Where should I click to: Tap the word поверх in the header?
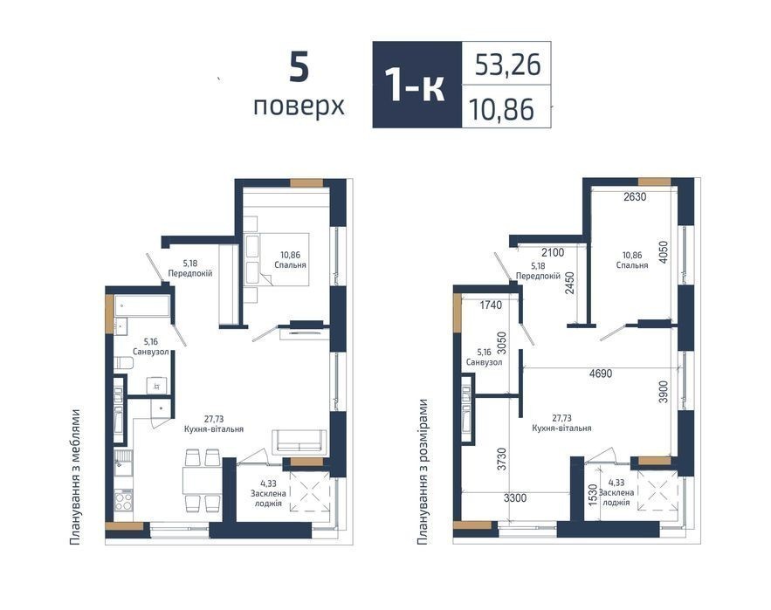299,106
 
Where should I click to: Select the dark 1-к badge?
417,85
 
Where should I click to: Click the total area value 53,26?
507,65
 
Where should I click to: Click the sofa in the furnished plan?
299,441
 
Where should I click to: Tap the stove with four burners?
123,500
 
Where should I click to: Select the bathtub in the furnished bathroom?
142,305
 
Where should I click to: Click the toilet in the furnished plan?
123,363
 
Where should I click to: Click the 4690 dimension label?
601,374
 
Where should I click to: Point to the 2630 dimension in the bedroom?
635,197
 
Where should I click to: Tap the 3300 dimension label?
515,498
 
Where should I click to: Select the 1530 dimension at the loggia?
593,496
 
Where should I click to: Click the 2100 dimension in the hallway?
552,253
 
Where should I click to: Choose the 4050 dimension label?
664,252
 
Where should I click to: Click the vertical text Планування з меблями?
75,476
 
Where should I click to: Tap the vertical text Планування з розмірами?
422,472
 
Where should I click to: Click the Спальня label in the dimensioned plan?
632,265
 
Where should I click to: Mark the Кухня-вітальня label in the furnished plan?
214,428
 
